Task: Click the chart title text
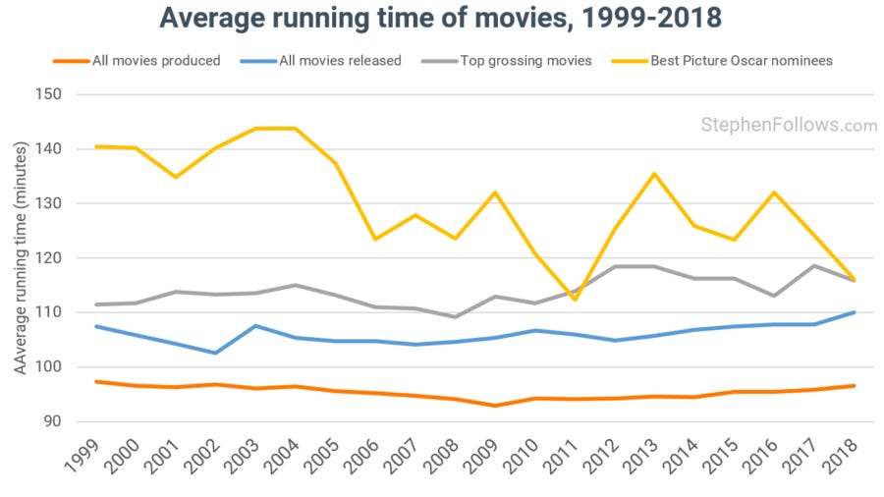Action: (441, 20)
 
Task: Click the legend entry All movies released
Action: (338, 61)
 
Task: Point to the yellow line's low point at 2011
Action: (576, 300)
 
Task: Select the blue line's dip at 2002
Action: (215, 353)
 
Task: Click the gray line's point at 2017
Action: (814, 265)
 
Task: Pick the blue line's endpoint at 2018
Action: (855, 312)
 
